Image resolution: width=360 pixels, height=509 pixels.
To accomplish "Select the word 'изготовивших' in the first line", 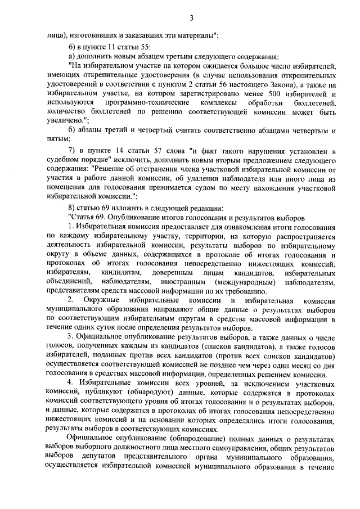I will (x=93, y=35).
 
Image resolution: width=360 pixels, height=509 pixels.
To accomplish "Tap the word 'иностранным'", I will (x=186, y=282).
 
